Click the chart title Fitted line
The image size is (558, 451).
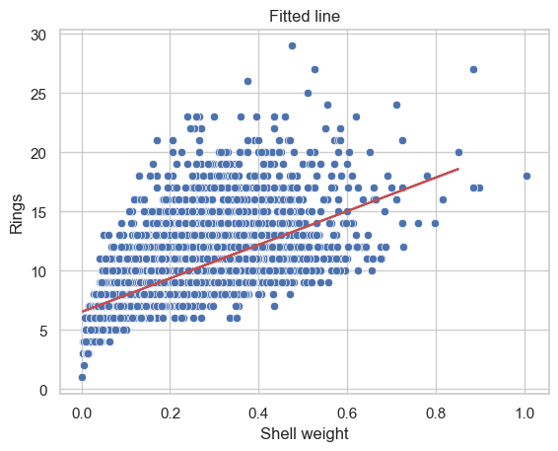[x=305, y=16]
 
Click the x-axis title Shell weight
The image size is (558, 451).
[x=305, y=434]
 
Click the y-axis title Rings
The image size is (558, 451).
[x=17, y=214]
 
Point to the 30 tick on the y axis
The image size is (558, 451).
[x=38, y=36]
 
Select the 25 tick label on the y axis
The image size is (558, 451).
[x=38, y=95]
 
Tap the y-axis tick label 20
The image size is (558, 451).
[x=38, y=154]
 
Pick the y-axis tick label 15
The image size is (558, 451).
[x=38, y=213]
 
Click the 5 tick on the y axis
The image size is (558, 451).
[x=42, y=332]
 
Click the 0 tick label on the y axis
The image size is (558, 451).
[x=42, y=391]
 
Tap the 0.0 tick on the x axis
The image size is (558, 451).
[x=82, y=413]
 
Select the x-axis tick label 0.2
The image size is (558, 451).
[x=171, y=413]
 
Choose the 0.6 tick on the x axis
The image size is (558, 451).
[x=347, y=413]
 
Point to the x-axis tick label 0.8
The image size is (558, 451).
[x=436, y=413]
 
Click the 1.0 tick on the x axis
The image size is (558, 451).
[x=524, y=413]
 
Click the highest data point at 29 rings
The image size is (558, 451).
[x=292, y=46]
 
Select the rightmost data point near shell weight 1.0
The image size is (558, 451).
[x=527, y=176]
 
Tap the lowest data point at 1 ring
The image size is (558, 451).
[x=82, y=377]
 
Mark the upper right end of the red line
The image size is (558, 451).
[x=458, y=169]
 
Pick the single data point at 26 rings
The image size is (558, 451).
[x=247, y=82]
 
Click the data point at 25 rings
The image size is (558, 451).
[x=308, y=94]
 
